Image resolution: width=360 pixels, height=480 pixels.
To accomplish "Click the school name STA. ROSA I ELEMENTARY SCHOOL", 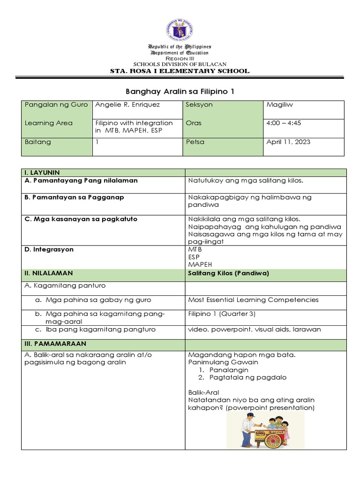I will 180,71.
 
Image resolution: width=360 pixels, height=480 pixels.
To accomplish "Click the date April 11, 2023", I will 288,142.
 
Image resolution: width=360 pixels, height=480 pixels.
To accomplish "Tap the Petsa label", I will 195,142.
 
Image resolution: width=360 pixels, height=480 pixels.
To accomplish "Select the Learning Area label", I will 48,123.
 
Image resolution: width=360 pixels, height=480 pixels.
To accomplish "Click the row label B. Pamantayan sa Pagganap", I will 74,197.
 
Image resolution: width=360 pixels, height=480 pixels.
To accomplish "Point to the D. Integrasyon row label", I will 49,249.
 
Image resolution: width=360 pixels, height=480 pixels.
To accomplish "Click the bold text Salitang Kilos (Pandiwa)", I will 228,273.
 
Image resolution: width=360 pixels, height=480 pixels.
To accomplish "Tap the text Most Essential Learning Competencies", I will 253,300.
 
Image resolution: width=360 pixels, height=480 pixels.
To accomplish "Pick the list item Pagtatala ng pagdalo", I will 248,377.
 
